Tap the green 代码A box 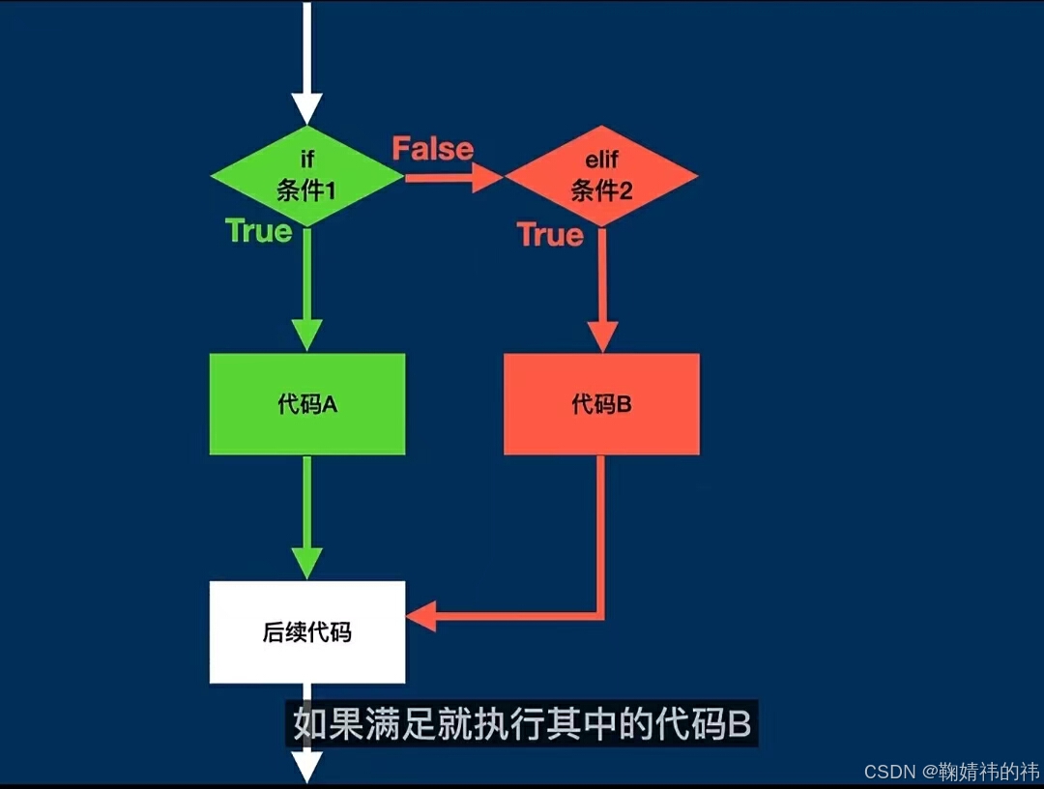tap(307, 404)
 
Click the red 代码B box tap(601, 404)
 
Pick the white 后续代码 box tap(307, 632)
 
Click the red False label tap(432, 149)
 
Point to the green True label tap(258, 230)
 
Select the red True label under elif tap(550, 235)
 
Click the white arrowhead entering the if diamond tap(306, 107)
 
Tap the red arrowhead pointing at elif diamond tap(487, 178)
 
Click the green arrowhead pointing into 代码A tap(306, 334)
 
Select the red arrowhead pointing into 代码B tap(601, 336)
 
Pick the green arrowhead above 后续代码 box tap(306, 563)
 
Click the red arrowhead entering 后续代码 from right tap(422, 615)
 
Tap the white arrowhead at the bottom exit tap(306, 768)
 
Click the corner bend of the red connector tap(600, 615)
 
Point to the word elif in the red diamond tap(600, 161)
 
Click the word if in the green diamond tap(306, 161)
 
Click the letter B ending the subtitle tap(739, 724)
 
